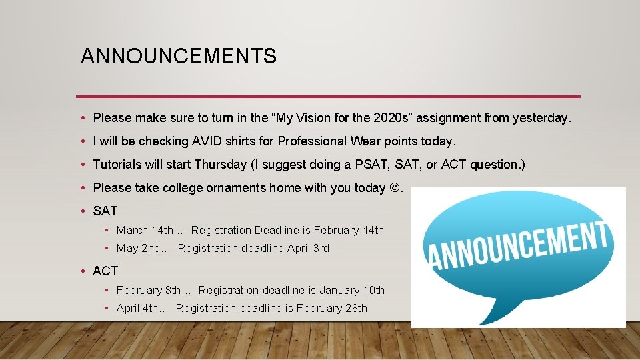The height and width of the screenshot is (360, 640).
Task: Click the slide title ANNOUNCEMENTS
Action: (x=178, y=57)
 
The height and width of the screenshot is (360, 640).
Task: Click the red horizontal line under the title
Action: (x=328, y=96)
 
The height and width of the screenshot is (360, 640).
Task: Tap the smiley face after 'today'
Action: (x=395, y=188)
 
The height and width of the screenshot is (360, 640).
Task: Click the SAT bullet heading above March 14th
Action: (x=105, y=211)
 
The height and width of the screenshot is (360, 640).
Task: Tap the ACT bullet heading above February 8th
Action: (x=105, y=271)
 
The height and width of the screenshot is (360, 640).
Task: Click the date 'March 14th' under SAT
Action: (x=144, y=231)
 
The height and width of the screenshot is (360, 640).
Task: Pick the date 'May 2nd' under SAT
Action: (x=138, y=249)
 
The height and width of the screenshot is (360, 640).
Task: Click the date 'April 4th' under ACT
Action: (x=138, y=309)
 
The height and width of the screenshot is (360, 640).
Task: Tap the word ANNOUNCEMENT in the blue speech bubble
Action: (x=519, y=245)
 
